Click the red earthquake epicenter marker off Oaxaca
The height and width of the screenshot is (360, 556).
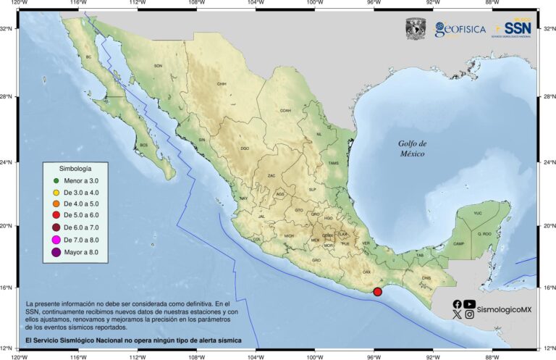pos(377,291)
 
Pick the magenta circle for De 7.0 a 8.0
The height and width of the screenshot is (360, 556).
pos(55,240)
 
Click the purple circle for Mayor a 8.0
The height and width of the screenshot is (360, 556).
pos(55,252)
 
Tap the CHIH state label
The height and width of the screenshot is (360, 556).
pos(222,84)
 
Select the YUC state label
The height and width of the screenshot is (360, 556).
pos(477,214)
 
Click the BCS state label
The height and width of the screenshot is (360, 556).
pos(143,145)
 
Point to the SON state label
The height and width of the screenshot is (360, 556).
pos(158,66)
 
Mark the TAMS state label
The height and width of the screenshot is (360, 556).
pos(333,163)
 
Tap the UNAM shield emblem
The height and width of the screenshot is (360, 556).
pos(416,28)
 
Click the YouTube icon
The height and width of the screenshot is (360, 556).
pos(470,304)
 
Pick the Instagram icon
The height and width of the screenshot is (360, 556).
pos(470,314)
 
